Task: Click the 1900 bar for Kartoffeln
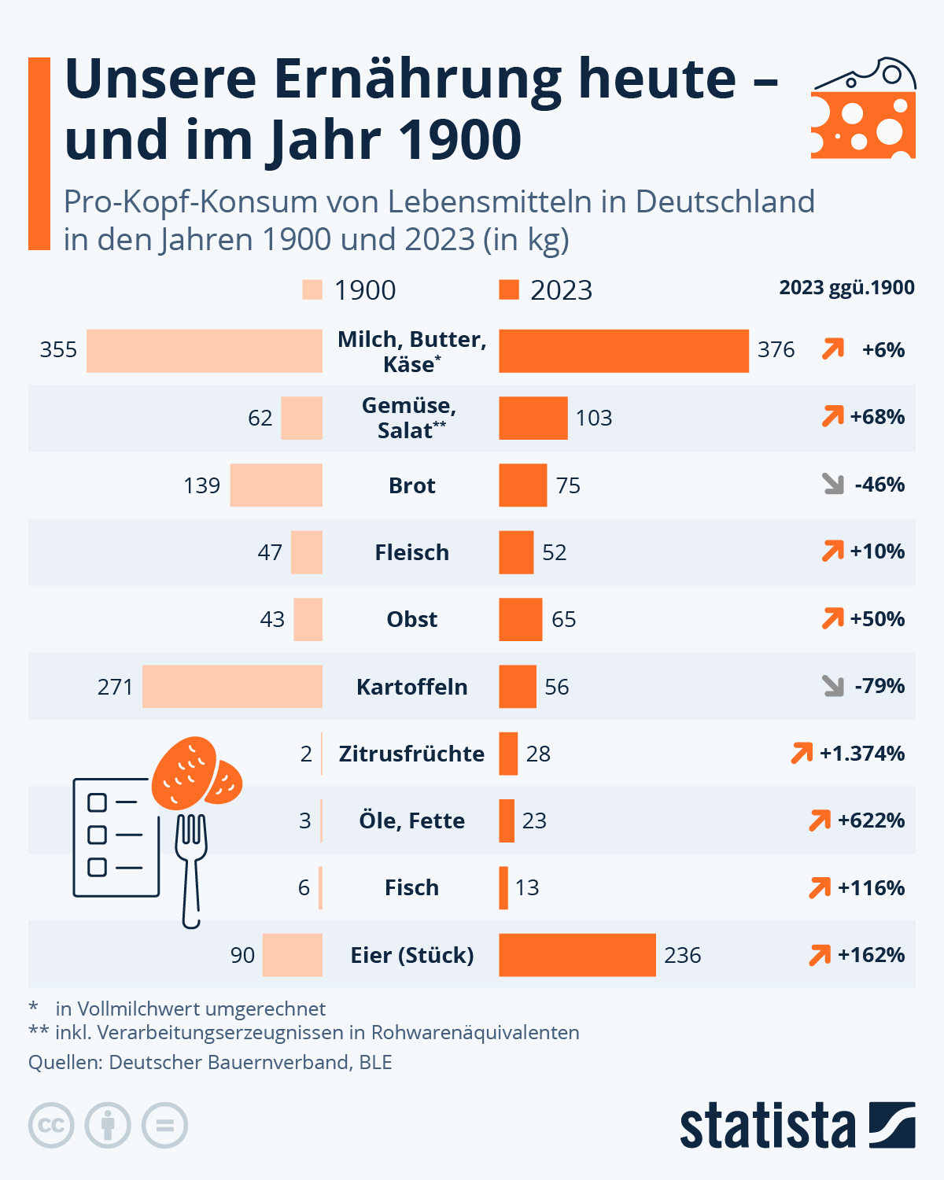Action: [x=232, y=686]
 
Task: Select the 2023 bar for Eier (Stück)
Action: [x=577, y=954]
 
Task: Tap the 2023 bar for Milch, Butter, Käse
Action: [x=623, y=351]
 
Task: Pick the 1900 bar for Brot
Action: [x=276, y=485]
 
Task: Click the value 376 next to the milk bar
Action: [x=776, y=350]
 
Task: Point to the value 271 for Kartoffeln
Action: [x=115, y=687]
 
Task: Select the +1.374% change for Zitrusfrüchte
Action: [x=861, y=754]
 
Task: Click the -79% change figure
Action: [x=879, y=686]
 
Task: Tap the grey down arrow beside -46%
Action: [x=833, y=484]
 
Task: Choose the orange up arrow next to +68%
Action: [x=832, y=416]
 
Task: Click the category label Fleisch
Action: [x=411, y=552]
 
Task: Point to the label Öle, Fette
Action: [x=411, y=820]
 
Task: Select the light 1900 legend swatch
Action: [x=312, y=289]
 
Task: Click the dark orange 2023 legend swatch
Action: [x=509, y=289]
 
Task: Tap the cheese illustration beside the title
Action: [x=864, y=109]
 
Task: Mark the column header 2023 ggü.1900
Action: [x=846, y=288]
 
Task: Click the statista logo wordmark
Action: [x=768, y=1126]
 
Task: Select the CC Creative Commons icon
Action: [x=51, y=1126]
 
